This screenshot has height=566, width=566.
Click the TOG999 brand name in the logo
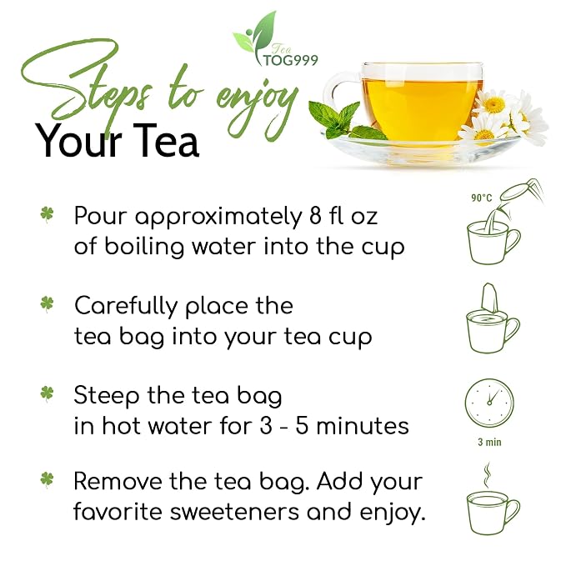(291, 60)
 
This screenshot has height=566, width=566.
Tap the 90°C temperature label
(481, 198)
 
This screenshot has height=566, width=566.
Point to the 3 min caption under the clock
(489, 442)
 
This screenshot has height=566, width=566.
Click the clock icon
(489, 403)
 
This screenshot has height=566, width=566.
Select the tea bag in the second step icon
(490, 299)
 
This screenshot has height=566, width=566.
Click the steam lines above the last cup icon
(488, 474)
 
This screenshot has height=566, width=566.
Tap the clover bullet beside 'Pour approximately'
(47, 215)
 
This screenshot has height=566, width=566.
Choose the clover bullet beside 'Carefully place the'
(47, 304)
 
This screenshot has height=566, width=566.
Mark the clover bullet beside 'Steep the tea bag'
(47, 393)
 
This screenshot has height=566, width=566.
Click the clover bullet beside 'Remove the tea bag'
(47, 480)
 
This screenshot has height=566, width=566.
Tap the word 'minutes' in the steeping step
(363, 426)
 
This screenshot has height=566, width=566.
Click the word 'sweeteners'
(234, 512)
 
